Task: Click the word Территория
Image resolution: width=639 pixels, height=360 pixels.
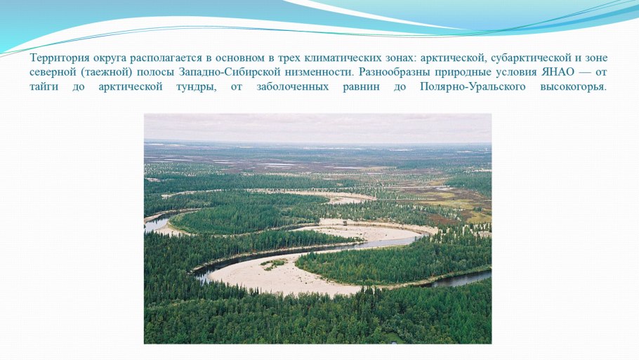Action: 55,58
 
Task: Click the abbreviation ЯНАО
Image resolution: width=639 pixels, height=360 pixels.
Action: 548,72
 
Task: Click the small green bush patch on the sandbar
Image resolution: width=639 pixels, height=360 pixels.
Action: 274,262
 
